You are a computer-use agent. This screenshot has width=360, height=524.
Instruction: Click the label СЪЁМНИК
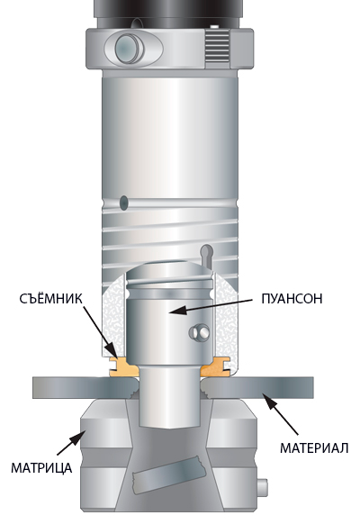click(x=50, y=299)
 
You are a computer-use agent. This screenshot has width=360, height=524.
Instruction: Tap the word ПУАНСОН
click(x=292, y=299)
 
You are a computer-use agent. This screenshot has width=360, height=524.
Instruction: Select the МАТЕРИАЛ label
click(x=314, y=447)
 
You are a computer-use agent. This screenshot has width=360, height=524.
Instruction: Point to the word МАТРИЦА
click(x=41, y=468)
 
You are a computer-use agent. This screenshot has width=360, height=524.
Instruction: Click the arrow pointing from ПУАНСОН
click(x=211, y=306)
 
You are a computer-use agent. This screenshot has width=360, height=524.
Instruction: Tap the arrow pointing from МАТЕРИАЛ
click(x=280, y=414)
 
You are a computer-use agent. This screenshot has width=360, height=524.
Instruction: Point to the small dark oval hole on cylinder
click(x=124, y=203)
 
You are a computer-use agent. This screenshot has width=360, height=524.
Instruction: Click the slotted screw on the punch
click(x=200, y=332)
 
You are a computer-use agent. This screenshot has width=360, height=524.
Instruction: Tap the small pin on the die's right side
click(x=263, y=488)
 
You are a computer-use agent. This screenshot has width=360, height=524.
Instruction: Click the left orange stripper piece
click(x=122, y=367)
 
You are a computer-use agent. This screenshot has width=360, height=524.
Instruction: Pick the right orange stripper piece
click(x=216, y=367)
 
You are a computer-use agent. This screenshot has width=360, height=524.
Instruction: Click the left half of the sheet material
click(x=85, y=388)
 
